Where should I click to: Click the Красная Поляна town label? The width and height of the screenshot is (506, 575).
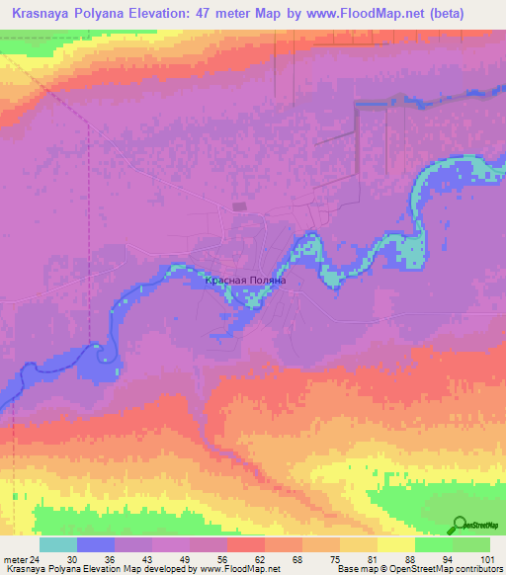pyautogui.click(x=245, y=281)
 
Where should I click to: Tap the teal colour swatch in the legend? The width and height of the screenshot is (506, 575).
pyautogui.click(x=58, y=544)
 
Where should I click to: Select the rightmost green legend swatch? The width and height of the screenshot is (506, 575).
pyautogui.click(x=471, y=544)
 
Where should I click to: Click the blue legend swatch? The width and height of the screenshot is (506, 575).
pyautogui.click(x=96, y=544)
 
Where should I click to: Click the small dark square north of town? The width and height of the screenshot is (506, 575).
pyautogui.click(x=237, y=206)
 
